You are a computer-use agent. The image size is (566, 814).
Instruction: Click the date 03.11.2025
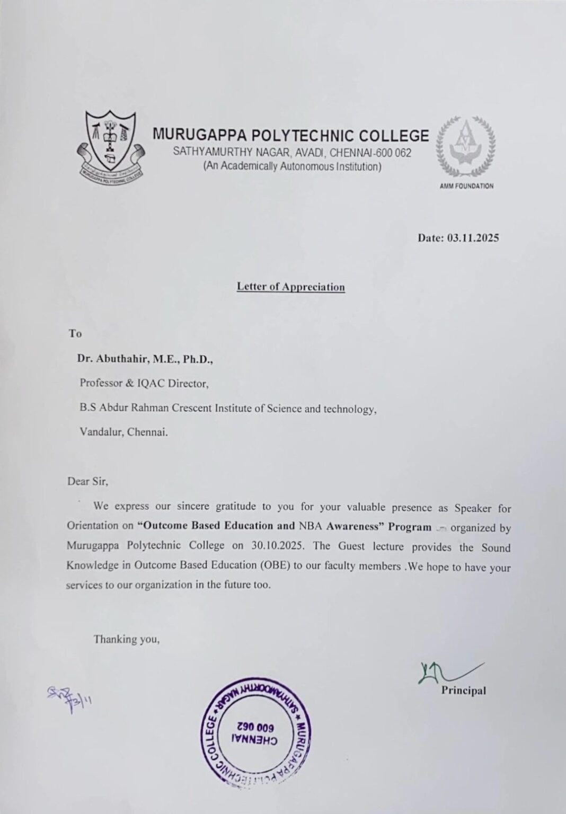(x=473, y=238)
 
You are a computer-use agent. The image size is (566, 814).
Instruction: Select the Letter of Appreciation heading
(x=290, y=287)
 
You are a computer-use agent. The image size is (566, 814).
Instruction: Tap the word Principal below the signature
(x=463, y=691)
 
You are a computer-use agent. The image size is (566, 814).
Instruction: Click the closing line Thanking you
(x=127, y=639)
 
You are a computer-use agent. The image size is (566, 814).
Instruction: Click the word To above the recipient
(x=75, y=334)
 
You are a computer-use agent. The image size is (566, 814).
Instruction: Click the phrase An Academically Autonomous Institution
(x=292, y=167)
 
